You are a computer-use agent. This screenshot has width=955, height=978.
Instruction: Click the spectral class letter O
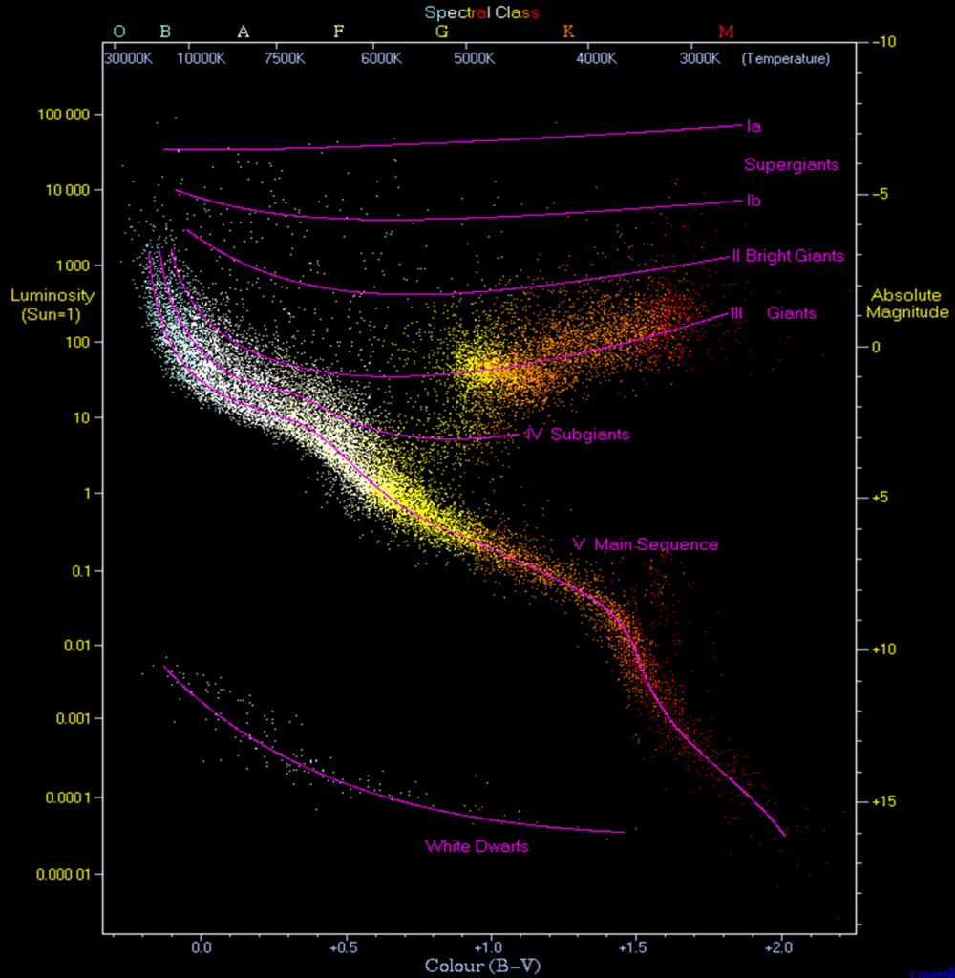click(x=118, y=32)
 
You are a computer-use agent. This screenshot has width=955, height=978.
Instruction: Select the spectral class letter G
click(x=441, y=32)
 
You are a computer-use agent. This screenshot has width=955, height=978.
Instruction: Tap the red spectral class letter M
click(x=726, y=32)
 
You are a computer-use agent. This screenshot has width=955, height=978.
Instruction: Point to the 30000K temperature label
click(x=127, y=58)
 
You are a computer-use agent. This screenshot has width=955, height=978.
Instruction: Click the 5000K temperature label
click(x=475, y=58)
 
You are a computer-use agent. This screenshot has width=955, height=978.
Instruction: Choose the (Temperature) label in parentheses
click(x=785, y=58)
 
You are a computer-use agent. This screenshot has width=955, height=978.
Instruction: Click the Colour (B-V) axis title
click(x=482, y=965)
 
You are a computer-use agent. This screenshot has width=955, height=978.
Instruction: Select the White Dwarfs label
click(x=477, y=846)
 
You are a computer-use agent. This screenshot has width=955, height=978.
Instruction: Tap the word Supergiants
click(x=791, y=164)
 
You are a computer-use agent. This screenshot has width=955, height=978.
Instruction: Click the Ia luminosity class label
click(x=753, y=126)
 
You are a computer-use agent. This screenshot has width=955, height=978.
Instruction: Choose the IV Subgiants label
click(x=577, y=435)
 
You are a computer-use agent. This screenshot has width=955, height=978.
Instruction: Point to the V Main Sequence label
click(x=645, y=544)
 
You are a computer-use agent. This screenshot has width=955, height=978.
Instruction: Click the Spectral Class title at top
click(x=482, y=12)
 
